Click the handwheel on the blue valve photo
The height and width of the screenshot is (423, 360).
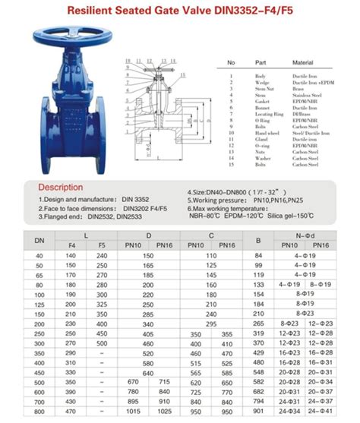pos(68,40)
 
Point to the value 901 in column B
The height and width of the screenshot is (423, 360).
pos(257,412)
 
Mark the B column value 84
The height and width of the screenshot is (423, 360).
pos(257,256)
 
